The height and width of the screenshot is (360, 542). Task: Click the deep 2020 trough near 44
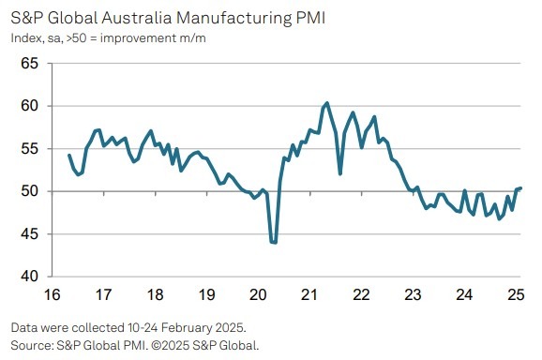274,243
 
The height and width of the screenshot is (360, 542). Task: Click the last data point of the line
521,188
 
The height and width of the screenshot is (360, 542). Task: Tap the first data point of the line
69,155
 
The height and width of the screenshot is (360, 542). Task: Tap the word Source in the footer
31,343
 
